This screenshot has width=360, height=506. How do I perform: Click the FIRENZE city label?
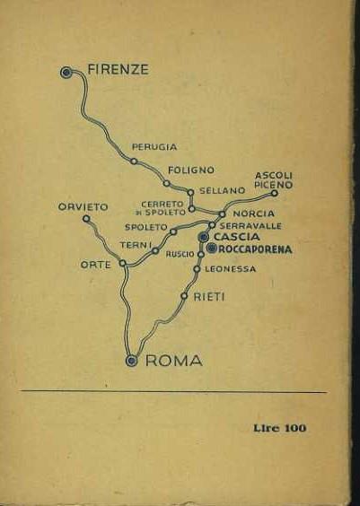click(118, 69)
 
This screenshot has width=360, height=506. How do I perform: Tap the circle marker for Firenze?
click(66, 72)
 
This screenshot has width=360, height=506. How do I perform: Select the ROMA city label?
click(173, 361)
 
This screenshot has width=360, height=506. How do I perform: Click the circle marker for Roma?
click(132, 361)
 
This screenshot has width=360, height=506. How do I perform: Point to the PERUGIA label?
click(154, 146)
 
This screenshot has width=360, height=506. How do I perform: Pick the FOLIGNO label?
click(190, 170)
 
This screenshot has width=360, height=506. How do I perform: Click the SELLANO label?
click(222, 190)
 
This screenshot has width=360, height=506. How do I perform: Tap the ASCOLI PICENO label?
click(274, 179)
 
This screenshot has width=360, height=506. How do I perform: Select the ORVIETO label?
click(83, 206)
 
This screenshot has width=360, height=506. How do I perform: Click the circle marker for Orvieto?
click(86, 218)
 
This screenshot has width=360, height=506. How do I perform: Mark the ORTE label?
click(96, 265)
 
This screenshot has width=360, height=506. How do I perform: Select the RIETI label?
click(209, 295)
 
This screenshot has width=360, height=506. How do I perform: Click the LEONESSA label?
click(230, 268)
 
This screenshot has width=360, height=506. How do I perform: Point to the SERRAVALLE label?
click(250, 225)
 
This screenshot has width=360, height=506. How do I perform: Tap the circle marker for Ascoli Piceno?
click(274, 192)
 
